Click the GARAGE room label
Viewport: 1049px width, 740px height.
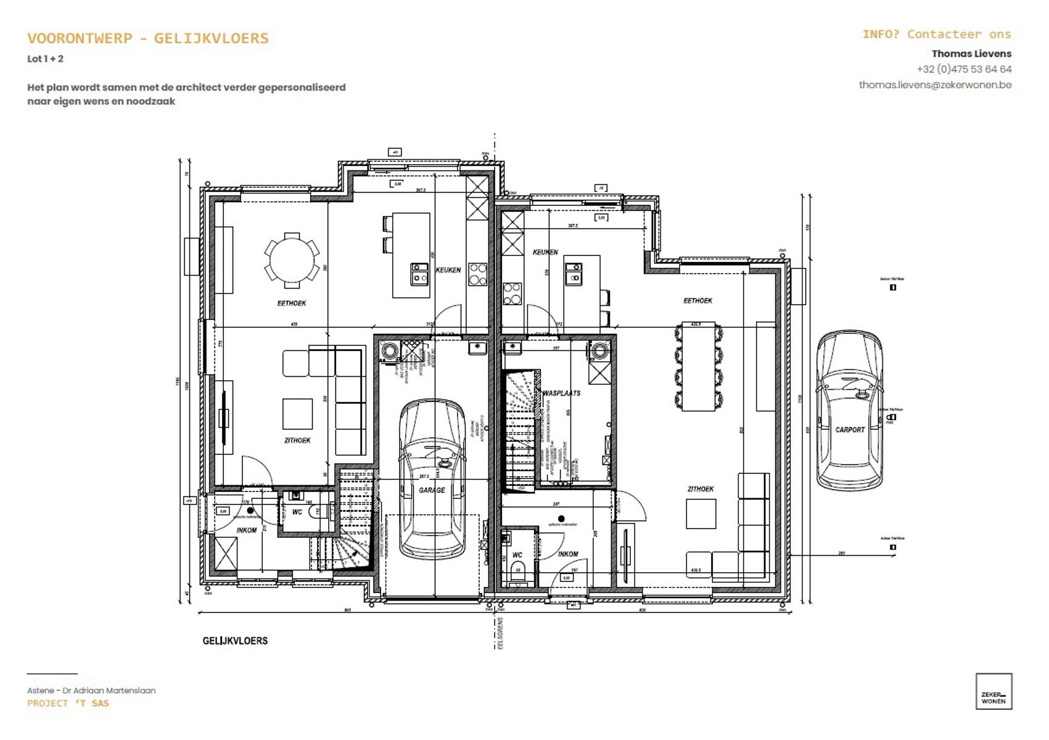tap(432, 490)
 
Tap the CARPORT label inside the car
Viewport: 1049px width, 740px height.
tap(850, 430)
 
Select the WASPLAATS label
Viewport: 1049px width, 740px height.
tap(561, 393)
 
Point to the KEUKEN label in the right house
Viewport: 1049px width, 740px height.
tap(545, 252)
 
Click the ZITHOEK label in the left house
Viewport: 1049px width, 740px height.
tap(297, 440)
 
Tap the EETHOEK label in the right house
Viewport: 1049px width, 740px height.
tap(697, 301)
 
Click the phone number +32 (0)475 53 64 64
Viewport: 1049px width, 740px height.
tap(963, 69)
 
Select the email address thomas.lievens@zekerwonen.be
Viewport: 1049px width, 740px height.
tap(935, 85)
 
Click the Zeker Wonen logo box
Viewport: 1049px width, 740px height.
tap(993, 691)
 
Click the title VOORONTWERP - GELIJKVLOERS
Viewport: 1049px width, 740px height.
tap(148, 38)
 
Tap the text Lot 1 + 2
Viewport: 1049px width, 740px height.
tap(45, 59)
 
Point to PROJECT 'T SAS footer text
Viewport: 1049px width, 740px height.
tap(68, 704)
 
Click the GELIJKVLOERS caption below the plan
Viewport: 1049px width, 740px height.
tap(235, 641)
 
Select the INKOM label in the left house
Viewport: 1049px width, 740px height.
tap(247, 530)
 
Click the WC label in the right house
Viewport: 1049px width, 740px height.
tap(517, 555)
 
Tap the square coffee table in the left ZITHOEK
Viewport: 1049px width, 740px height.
tap(297, 414)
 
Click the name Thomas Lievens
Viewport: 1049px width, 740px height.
tap(971, 54)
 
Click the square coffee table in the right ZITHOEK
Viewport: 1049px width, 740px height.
tap(701, 514)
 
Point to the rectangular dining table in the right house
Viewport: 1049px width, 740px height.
tap(698, 366)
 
